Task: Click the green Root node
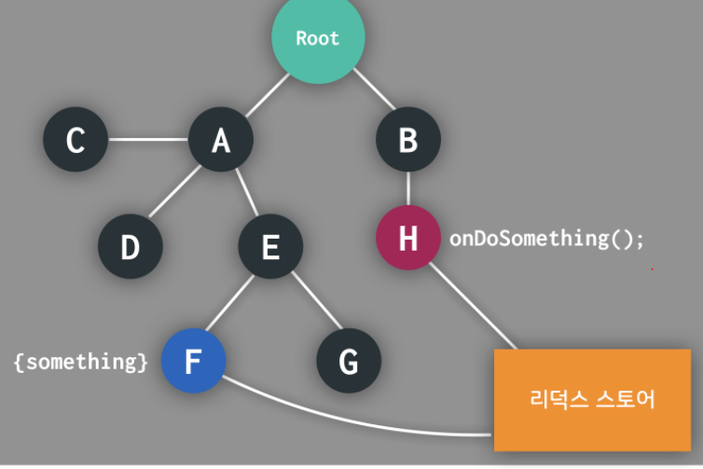click(318, 37)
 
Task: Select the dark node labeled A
click(221, 140)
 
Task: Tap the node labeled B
click(407, 140)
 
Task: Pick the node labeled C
click(76, 140)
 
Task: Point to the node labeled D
click(131, 247)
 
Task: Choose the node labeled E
click(270, 247)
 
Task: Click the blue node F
click(193, 361)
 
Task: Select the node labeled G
click(348, 361)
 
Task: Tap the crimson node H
click(407, 238)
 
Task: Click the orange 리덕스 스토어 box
click(592, 399)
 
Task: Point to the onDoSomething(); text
click(546, 238)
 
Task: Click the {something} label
click(80, 362)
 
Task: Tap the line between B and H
click(407, 188)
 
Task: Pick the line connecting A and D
click(175, 195)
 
